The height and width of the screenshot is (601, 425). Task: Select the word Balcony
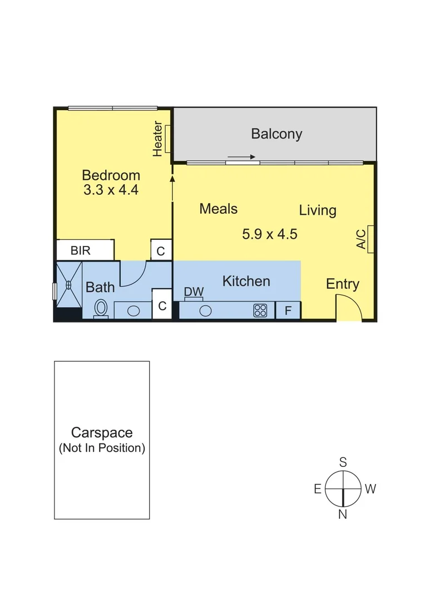276,134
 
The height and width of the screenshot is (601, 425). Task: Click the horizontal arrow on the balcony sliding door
241,157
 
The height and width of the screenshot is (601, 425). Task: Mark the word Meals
218,209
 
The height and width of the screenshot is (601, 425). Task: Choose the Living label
318,210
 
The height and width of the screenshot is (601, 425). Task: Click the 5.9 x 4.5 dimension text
269,234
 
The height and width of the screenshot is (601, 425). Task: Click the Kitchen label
246,281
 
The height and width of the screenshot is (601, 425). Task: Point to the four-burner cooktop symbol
260,311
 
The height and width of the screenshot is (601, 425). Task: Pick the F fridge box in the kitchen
288,311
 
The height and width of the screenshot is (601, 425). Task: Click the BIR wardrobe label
81,250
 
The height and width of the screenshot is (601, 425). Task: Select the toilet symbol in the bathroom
101,308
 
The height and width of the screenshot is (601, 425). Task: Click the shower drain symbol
68,284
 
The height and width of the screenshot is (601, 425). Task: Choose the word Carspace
102,432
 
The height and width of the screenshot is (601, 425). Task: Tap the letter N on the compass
343,514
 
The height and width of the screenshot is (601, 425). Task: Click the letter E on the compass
317,489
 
